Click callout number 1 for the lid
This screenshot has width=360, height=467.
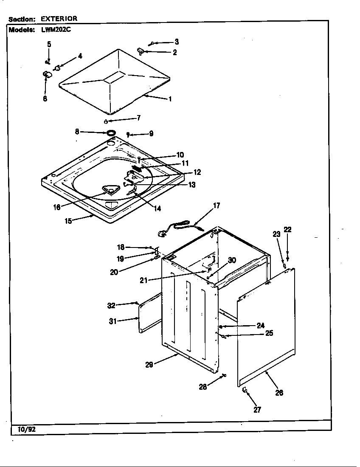pos(170,99)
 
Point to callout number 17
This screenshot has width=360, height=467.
pos(217,205)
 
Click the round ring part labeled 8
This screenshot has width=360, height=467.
pos(111,133)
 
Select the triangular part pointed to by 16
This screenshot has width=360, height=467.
pos(110,190)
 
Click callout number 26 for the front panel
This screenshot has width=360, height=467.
pos(279,393)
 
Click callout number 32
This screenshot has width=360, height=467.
pos(111,305)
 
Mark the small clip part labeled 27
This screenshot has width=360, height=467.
pos(245,390)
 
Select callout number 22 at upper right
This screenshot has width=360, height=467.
pos(287,230)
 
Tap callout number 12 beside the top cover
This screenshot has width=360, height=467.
pos(197,172)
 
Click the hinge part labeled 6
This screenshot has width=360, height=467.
pos(46,75)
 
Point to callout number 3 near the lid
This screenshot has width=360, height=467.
pos(177,42)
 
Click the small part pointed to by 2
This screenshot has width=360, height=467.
pos(140,51)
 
